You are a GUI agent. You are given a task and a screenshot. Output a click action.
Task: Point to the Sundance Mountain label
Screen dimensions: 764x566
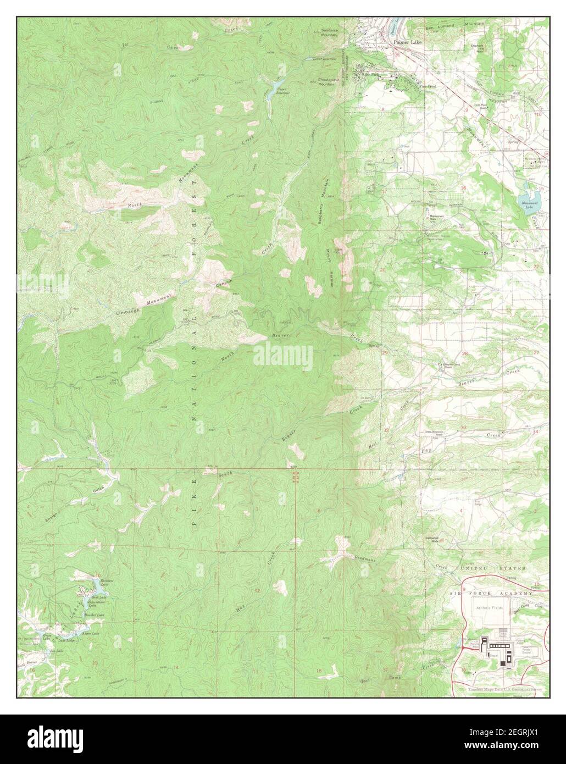[x=329, y=32]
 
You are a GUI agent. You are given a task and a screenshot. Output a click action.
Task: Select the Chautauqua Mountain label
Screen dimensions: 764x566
[x=328, y=81]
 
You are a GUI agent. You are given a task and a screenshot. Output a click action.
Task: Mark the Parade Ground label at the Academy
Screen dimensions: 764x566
[x=523, y=647]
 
